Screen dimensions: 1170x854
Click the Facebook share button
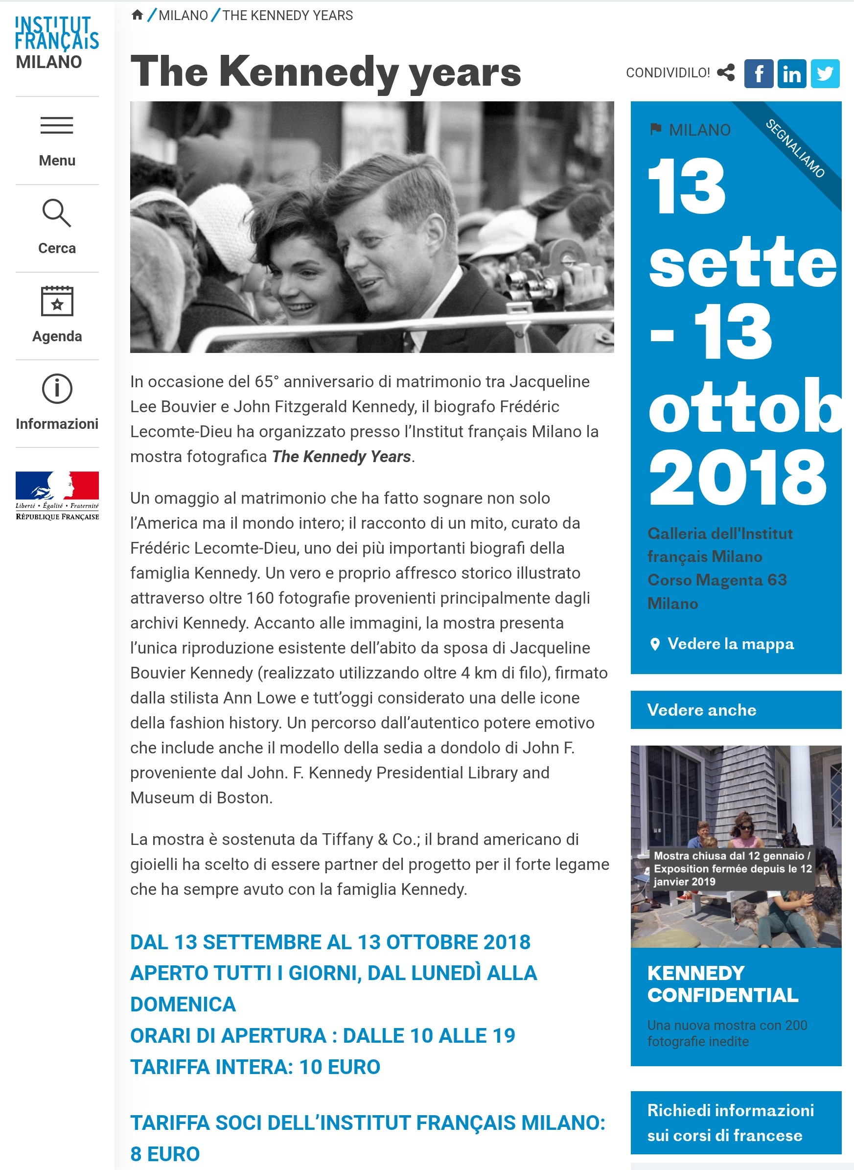759,73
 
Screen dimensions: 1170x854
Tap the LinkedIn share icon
791,73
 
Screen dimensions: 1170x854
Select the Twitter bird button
825,73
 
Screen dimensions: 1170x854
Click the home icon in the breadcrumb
137,15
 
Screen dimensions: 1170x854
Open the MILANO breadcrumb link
183,16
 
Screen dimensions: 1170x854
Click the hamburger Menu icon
57,126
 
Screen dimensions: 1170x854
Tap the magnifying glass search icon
56,213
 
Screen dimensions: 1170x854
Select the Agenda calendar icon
57,301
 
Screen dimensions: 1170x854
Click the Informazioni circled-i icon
57,389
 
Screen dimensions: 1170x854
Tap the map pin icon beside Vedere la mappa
655,644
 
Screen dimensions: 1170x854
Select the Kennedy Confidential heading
722,984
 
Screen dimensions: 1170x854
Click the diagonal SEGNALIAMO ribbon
796,149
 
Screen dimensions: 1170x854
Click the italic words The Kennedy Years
341,457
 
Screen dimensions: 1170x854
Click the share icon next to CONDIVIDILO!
726,73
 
